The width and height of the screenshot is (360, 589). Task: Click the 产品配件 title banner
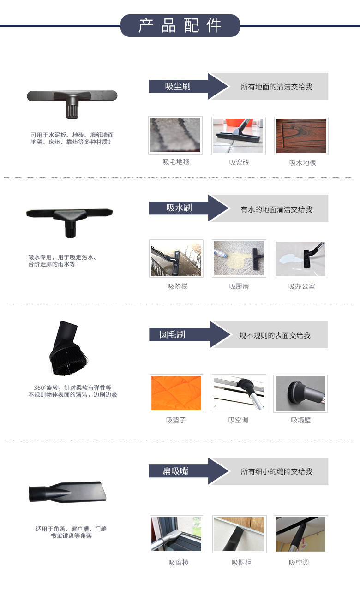tap(180, 25)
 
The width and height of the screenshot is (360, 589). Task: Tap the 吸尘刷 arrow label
tap(188, 86)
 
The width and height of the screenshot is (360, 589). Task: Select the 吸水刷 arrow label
tap(188, 208)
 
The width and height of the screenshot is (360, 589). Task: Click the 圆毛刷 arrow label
tap(190, 334)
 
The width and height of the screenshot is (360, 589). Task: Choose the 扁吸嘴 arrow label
tap(188, 471)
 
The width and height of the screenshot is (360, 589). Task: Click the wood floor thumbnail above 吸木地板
tap(301, 136)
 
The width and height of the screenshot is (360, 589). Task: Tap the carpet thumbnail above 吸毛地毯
tap(175, 135)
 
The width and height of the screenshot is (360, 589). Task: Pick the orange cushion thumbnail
tap(176, 393)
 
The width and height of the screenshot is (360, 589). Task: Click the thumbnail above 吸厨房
tap(239, 258)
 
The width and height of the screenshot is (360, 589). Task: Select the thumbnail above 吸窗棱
tap(177, 534)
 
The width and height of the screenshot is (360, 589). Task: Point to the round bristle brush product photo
tap(68, 348)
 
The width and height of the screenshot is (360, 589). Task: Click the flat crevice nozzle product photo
tap(67, 492)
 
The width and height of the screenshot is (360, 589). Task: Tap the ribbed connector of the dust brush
tap(72, 110)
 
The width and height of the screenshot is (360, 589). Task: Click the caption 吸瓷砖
tap(239, 162)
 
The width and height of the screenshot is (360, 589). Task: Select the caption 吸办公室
tap(301, 286)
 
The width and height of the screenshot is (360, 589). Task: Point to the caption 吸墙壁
tap(301, 420)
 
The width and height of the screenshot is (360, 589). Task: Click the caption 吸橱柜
tap(241, 562)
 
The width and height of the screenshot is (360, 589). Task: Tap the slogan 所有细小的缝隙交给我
tap(276, 471)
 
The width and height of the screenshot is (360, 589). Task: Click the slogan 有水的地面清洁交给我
tap(276, 209)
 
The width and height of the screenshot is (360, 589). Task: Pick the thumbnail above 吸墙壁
tap(300, 393)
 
